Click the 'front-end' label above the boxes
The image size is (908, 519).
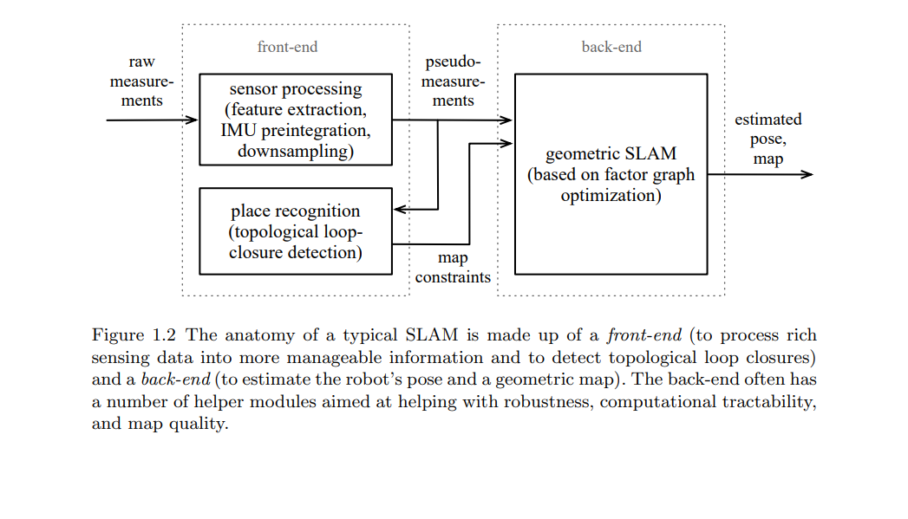click(287, 47)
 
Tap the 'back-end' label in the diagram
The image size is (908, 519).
click(611, 47)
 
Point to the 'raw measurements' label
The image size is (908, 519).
click(142, 81)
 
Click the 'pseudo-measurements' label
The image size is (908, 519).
click(453, 81)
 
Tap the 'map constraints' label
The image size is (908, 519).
click(453, 268)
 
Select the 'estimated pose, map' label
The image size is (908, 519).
click(768, 139)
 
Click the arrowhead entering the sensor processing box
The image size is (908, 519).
click(193, 120)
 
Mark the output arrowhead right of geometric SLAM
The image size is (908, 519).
click(807, 174)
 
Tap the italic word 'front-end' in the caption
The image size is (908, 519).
click(644, 335)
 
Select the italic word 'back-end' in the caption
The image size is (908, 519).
click(175, 380)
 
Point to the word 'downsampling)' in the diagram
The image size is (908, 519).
click(296, 151)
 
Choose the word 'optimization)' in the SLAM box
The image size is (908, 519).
click(611, 196)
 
